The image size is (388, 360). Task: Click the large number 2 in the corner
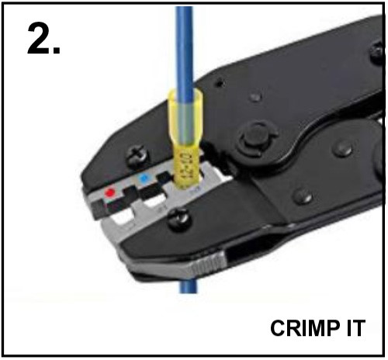click(39, 37)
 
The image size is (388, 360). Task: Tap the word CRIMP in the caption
click(305, 327)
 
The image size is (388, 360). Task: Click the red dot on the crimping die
click(110, 192)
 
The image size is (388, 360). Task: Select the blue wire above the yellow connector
click(184, 48)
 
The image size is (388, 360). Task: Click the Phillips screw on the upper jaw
click(138, 157)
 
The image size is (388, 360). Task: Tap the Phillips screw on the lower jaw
click(179, 220)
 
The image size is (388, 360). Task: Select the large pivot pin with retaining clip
click(256, 141)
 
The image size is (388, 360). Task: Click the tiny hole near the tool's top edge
click(220, 83)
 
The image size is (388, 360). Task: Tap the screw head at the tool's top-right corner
click(377, 53)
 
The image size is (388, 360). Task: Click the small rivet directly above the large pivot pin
click(255, 97)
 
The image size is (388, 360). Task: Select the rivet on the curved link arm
click(342, 149)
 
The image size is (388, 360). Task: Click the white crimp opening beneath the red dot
click(122, 217)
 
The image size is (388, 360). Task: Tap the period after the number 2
click(56, 50)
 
